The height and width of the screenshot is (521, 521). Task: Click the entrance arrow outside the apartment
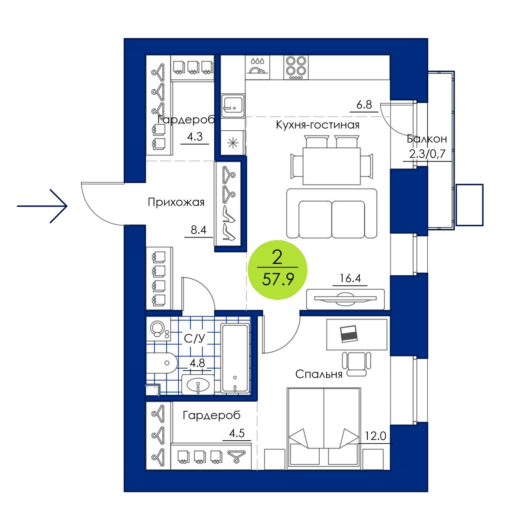tap(42, 206)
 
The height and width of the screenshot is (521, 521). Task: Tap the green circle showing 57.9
tap(277, 270)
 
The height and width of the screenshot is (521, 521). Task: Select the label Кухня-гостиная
tap(318, 125)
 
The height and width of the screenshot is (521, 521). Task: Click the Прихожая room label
tap(176, 202)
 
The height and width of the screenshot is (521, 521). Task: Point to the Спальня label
tap(319, 374)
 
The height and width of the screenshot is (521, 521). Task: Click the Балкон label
tap(426, 139)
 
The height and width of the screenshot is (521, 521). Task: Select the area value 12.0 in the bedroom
tap(376, 436)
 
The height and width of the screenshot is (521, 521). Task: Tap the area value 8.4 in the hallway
tap(198, 230)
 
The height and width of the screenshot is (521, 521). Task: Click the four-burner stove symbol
tap(296, 68)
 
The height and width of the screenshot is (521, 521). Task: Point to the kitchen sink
tap(233, 106)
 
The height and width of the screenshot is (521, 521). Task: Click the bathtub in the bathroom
tap(235, 358)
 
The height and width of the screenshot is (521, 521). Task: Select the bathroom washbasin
tap(198, 385)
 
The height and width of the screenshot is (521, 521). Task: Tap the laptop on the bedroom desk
tap(349, 334)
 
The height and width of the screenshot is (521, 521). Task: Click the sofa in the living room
tap(331, 214)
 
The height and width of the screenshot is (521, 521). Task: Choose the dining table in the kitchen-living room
tap(331, 166)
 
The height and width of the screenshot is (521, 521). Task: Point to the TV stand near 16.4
tap(345, 299)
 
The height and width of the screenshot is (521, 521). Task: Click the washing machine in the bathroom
tap(158, 329)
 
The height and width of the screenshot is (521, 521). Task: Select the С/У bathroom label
tap(194, 339)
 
